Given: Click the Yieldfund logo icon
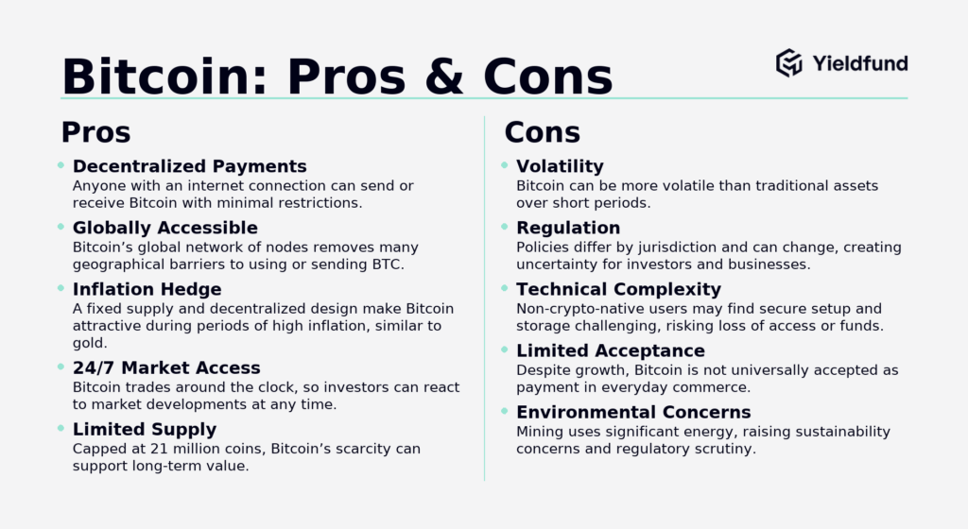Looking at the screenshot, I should [788, 63].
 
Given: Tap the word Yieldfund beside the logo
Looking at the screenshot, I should [859, 63].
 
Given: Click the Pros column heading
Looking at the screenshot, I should [95, 131].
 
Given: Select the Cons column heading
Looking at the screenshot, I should [542, 131].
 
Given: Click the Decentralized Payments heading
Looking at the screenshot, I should [189, 167].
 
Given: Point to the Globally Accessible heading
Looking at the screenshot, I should [164, 228].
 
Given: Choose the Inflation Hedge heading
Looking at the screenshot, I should [147, 289].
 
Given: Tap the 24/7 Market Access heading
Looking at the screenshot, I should [165, 367].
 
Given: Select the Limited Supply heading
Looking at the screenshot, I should [145, 430].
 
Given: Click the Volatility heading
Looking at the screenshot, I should [560, 167].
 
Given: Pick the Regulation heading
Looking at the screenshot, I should [568, 228].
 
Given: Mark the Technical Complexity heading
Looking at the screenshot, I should [618, 289].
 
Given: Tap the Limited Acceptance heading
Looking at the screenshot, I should [611, 351].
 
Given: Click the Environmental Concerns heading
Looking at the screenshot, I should [633, 413].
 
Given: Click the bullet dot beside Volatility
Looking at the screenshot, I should [504, 165].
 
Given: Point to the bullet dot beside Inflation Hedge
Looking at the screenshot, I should [60, 288].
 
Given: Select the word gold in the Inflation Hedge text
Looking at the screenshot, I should [89, 343].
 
